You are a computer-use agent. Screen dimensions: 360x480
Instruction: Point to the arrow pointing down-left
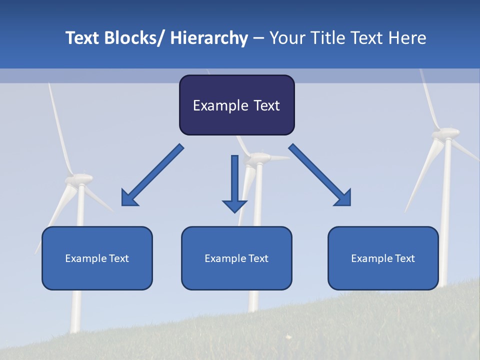152,175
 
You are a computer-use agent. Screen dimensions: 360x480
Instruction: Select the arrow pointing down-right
320,175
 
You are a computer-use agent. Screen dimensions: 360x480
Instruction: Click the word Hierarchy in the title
209,38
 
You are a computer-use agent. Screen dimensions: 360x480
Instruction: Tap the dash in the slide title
258,38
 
